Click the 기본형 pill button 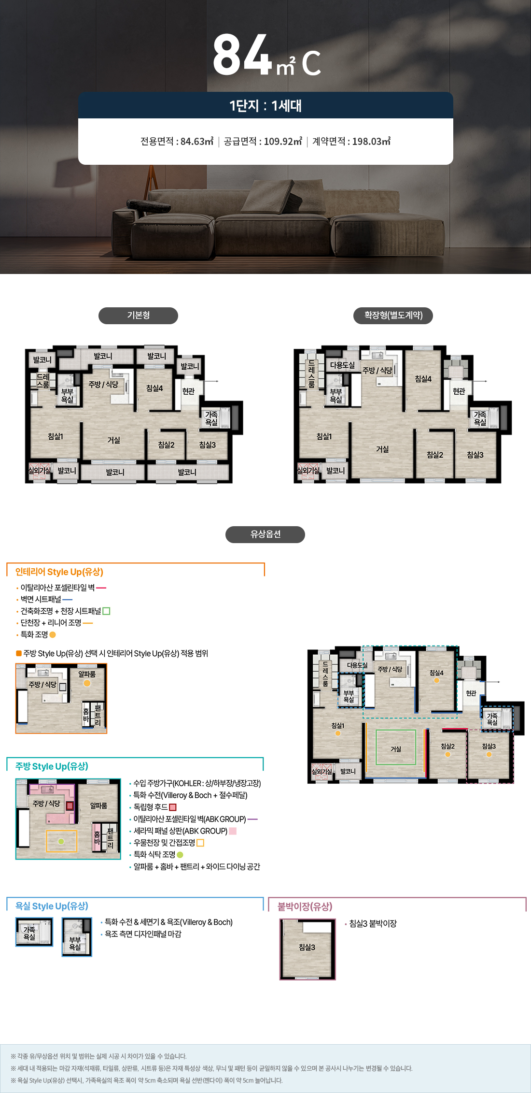click(138, 316)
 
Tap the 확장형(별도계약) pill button click(393, 316)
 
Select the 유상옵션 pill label click(265, 534)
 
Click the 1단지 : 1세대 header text click(265, 105)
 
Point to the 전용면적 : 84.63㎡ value click(177, 142)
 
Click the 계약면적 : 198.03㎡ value click(351, 142)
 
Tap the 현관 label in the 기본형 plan click(188, 391)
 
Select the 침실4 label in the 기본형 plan click(154, 388)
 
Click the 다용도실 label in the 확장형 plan click(342, 365)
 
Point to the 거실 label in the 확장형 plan click(382, 449)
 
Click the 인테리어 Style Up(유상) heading click(59, 572)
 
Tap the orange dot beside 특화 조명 click(53, 634)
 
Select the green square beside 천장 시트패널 click(107, 611)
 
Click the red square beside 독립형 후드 click(173, 807)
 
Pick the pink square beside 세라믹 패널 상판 click(233, 831)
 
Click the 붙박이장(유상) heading click(305, 906)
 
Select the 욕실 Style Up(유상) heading click(52, 906)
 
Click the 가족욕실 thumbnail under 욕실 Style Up click(34, 932)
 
